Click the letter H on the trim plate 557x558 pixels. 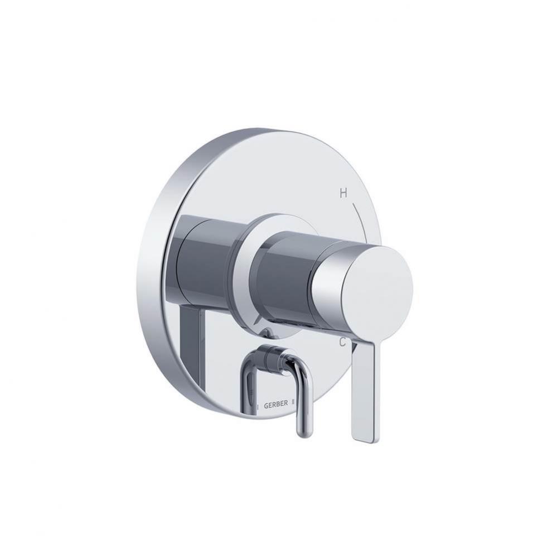click(x=343, y=194)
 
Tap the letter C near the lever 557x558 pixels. click(x=344, y=342)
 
